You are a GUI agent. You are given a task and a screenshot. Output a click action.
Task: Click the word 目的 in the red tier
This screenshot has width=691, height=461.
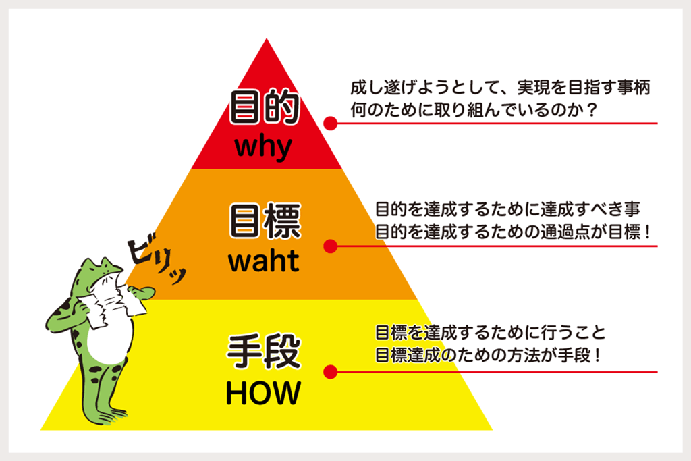[x=265, y=107]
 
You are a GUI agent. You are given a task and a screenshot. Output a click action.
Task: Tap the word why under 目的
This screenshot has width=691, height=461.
[x=264, y=147]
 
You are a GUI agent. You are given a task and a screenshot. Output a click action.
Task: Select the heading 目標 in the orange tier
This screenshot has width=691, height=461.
[x=265, y=221]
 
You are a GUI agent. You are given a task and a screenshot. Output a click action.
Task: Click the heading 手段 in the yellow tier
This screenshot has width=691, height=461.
[x=265, y=351]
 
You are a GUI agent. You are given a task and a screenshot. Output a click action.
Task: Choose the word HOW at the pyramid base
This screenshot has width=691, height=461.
[x=264, y=393]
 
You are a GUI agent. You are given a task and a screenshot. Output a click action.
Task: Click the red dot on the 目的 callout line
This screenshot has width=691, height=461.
[x=331, y=124]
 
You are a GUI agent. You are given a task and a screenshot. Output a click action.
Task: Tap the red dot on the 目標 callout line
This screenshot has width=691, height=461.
[x=331, y=246]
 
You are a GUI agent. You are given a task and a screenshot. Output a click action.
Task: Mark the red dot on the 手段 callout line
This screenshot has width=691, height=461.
[x=331, y=372]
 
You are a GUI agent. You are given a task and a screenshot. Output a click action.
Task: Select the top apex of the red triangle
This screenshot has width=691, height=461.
[x=266, y=38]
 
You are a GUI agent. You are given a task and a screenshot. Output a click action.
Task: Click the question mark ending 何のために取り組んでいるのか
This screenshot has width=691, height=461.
[x=592, y=110]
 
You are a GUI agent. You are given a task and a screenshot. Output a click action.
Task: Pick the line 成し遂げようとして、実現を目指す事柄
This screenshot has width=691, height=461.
[x=500, y=88]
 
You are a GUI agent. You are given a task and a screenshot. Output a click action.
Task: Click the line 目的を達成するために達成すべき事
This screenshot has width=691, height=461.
[x=507, y=209]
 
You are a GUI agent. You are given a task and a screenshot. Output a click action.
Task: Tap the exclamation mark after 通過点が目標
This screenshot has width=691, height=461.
[x=647, y=232]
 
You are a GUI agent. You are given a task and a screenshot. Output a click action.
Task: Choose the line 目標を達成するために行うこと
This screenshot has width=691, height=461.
[x=491, y=332]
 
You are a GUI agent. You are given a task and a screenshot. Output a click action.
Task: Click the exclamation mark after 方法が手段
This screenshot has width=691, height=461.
[x=597, y=355]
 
